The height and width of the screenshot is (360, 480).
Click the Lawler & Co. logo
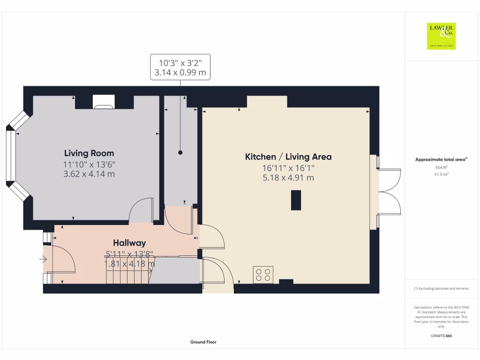click(x=442, y=36)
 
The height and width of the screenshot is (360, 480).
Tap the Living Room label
click(x=89, y=153)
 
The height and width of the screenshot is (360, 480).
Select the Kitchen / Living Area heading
click(x=288, y=157)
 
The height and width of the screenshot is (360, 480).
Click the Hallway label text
click(x=129, y=243)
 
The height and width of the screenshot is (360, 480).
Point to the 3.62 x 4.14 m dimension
click(x=89, y=174)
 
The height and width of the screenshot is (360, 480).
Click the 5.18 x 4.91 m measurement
click(x=288, y=178)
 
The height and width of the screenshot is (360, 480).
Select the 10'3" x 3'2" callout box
click(x=180, y=67)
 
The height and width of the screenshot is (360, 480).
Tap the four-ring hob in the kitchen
click(x=263, y=274)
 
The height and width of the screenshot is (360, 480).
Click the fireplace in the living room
click(x=103, y=102)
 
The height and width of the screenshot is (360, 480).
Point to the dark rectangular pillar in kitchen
click(x=296, y=200)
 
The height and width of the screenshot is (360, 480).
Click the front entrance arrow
click(x=44, y=259)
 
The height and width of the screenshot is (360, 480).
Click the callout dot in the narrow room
click(x=180, y=153)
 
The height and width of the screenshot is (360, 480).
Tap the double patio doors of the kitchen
click(x=389, y=192)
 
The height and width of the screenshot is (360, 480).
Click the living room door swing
click(x=142, y=209)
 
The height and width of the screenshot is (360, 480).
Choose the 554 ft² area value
click(x=441, y=167)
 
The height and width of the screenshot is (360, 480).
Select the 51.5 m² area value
click(x=441, y=174)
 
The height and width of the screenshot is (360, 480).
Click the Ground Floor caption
click(x=203, y=342)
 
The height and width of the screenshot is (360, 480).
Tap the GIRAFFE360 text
click(x=441, y=336)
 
